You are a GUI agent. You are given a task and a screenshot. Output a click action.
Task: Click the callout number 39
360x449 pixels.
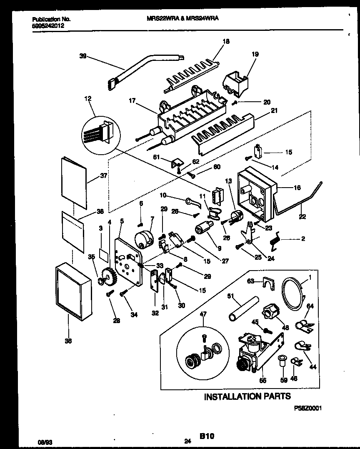click(82, 56)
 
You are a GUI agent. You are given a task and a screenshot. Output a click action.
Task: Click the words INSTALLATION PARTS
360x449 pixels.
click(247, 396)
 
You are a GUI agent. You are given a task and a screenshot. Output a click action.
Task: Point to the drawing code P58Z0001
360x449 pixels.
click(308, 409)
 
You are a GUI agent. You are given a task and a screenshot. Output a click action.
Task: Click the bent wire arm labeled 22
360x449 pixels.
click(299, 200)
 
